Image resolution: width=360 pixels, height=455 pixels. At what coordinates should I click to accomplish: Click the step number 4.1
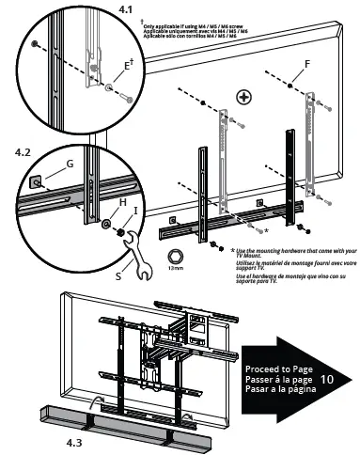click(x=125, y=9)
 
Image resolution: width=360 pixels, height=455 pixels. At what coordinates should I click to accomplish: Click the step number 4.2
click(x=28, y=149)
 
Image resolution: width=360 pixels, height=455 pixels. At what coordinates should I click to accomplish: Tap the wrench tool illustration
click(x=123, y=253)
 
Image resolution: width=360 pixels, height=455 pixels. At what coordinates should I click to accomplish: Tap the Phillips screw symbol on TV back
click(x=243, y=97)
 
